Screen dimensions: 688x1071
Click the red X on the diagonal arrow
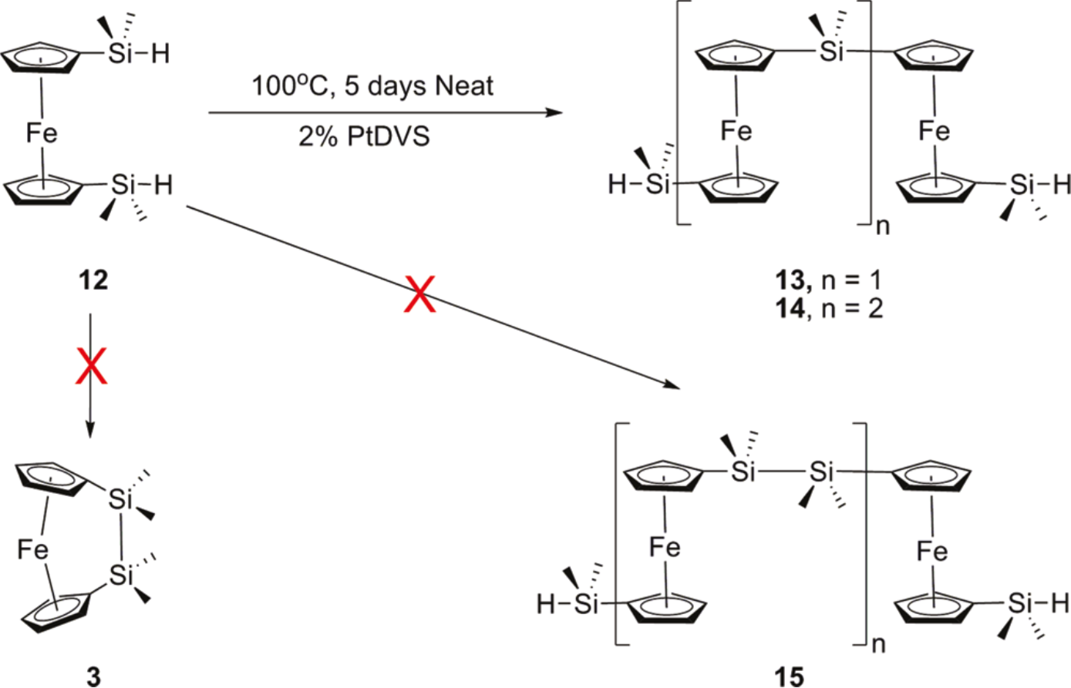(421, 297)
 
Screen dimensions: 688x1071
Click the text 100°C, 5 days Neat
(372, 86)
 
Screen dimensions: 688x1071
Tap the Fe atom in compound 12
(42, 134)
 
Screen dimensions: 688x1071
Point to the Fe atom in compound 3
(33, 549)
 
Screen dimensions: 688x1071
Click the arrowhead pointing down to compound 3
(91, 431)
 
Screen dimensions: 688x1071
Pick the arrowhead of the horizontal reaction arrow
(554, 113)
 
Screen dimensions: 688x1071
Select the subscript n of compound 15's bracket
(877, 645)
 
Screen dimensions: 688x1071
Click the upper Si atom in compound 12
(121, 55)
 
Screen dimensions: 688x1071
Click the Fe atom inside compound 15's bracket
(665, 547)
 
